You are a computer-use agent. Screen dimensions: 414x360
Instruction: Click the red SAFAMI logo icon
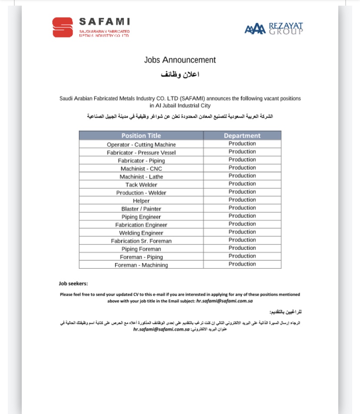pos(63,27)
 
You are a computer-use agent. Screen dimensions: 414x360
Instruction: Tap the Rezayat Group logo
pos(274,28)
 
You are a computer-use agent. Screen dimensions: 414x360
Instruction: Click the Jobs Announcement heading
pos(180,60)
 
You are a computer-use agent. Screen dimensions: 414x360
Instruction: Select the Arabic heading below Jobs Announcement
pos(180,74)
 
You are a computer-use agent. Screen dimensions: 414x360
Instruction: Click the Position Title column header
pos(141,136)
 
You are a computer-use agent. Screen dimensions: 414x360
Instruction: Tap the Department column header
pos(242,136)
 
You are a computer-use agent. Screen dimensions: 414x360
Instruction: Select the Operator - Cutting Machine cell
pos(141,144)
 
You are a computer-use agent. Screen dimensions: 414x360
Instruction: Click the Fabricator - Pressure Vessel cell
pos(141,153)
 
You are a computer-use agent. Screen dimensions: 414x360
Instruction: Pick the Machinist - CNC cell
pos(141,169)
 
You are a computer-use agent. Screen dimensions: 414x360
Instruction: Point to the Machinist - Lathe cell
pos(141,177)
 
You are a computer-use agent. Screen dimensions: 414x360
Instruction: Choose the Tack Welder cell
pos(141,185)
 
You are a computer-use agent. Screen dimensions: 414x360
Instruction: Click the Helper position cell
pos(141,201)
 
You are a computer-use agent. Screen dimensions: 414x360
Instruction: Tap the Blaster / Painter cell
pos(141,209)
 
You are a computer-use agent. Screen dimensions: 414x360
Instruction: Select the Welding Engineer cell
pos(141,233)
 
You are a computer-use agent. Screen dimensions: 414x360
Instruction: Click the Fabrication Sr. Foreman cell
pos(141,241)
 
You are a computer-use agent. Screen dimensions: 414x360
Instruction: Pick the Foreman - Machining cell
pos(141,265)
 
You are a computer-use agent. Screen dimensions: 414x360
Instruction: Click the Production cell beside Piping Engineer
pos(242,216)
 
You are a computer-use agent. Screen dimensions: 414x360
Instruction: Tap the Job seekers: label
pos(73,284)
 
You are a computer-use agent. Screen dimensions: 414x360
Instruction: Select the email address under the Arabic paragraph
pos(161,330)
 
